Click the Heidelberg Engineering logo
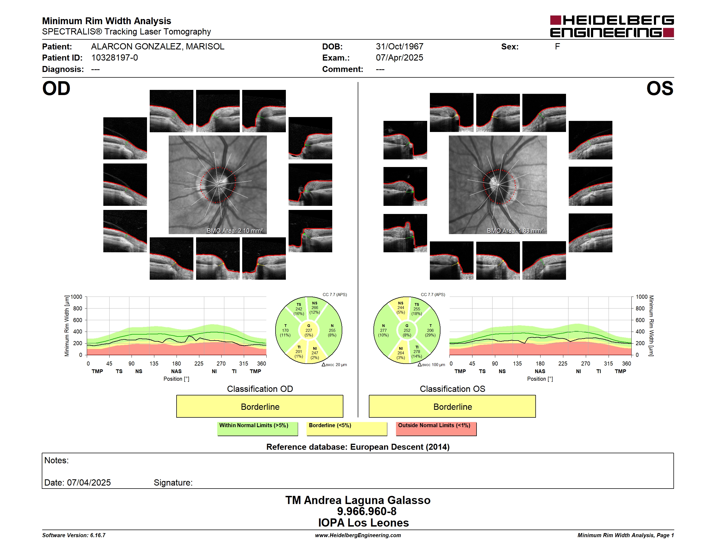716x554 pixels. pyautogui.click(x=612, y=26)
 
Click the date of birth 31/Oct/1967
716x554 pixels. pyautogui.click(x=399, y=47)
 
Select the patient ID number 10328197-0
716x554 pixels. pyautogui.click(x=114, y=58)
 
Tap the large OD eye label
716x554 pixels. pyautogui.click(x=56, y=89)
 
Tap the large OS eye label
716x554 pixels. pyautogui.click(x=660, y=89)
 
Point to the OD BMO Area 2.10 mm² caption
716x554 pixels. pyautogui.click(x=235, y=231)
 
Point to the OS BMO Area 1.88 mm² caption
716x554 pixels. pyautogui.click(x=515, y=231)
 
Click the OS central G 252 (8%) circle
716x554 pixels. pyautogui.click(x=407, y=330)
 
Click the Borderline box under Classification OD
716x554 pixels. pyautogui.click(x=260, y=406)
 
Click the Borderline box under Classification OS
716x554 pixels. pyautogui.click(x=452, y=406)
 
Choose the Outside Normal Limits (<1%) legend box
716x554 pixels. pyautogui.click(x=436, y=429)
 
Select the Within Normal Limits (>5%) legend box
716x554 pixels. pyautogui.click(x=257, y=429)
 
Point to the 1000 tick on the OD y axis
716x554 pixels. pyautogui.click(x=76, y=297)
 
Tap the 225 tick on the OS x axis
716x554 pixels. pyautogui.click(x=562, y=364)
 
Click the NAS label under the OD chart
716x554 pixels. pyautogui.click(x=176, y=372)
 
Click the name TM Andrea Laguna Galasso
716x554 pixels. pyautogui.click(x=358, y=500)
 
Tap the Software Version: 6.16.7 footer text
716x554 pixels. pyautogui.click(x=74, y=535)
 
